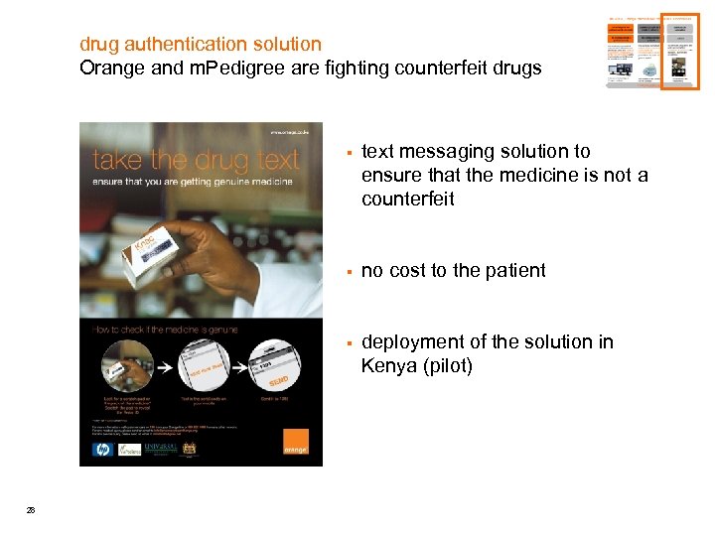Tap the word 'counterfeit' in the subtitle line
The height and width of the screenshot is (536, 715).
coord(450,68)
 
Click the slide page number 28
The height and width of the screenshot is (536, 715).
coord(31,510)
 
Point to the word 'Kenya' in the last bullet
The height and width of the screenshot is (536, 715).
coord(388,366)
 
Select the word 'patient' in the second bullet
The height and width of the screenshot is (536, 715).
coord(513,270)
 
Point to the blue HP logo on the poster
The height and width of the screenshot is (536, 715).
coord(100,449)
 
